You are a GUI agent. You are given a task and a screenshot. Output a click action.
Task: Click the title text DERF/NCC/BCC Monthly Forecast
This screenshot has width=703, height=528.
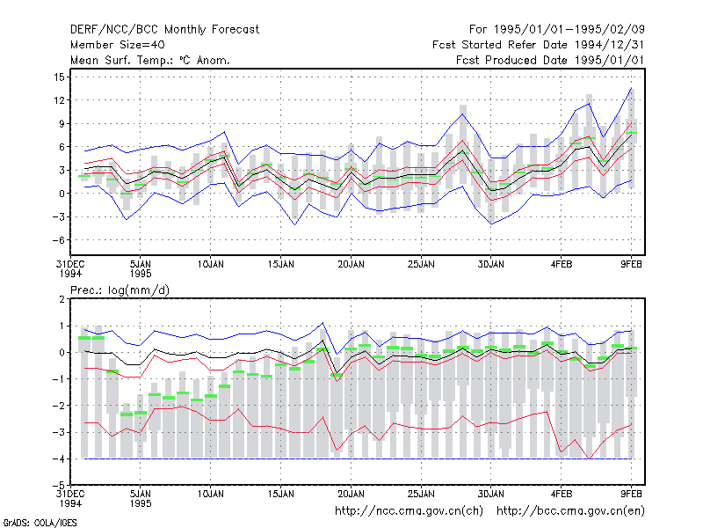[x=164, y=30]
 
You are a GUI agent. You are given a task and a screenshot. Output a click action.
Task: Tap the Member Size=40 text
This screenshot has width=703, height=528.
[x=118, y=45]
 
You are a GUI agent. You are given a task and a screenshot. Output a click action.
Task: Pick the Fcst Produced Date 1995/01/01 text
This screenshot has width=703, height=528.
[x=550, y=60]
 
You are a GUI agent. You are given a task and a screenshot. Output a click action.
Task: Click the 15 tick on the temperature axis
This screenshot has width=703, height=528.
[x=59, y=77]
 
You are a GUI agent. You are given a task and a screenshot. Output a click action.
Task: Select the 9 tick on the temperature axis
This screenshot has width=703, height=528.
[x=62, y=123]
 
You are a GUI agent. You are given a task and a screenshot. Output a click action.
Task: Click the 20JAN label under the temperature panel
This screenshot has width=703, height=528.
[x=351, y=265]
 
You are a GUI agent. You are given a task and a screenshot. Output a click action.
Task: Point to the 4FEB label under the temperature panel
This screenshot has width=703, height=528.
[x=562, y=265]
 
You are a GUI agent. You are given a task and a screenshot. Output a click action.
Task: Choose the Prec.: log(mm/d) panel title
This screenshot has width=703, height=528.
[x=120, y=290]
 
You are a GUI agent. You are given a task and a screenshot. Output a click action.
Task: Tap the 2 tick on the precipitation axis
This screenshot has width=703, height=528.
[x=62, y=299]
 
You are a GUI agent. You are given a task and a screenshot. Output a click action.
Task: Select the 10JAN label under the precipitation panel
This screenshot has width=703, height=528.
[x=210, y=495]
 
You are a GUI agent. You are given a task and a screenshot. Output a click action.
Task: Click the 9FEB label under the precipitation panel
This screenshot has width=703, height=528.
[x=631, y=495]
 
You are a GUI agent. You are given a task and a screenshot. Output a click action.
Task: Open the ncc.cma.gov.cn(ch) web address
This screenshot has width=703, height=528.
[x=409, y=511]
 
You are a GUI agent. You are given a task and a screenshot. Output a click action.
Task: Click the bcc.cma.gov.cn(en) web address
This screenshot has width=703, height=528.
[x=570, y=511]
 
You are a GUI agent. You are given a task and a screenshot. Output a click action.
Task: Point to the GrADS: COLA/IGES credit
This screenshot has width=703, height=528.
[x=40, y=523]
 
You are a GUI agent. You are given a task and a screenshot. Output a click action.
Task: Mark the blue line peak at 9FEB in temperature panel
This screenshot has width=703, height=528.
[x=631, y=88]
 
